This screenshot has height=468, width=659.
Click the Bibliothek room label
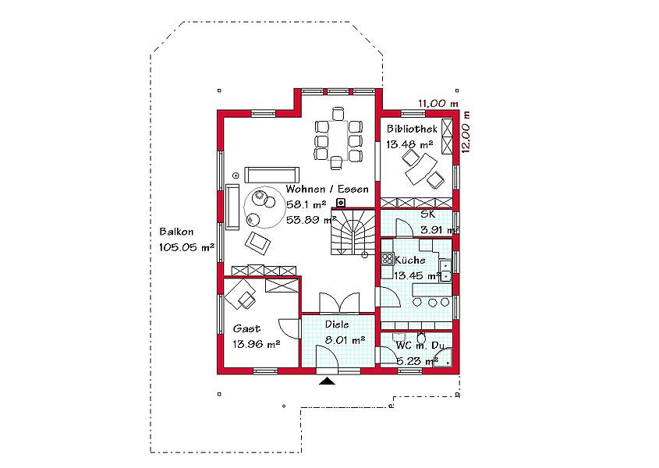(412, 129)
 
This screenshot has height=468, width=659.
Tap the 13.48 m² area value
(409, 144)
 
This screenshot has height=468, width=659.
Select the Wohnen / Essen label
(327, 190)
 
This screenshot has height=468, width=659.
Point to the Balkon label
(176, 232)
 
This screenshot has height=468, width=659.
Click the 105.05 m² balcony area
(186, 247)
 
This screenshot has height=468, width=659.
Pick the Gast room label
(246, 328)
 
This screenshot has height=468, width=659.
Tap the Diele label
(337, 324)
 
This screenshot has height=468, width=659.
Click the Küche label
(409, 261)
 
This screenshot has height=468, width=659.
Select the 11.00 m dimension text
(438, 104)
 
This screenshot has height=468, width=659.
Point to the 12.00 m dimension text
(466, 132)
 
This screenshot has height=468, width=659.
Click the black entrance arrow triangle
(328, 381)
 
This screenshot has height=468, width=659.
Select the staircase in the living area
(353, 232)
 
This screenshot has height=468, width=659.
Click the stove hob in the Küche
(387, 259)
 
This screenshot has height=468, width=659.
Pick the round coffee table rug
(265, 207)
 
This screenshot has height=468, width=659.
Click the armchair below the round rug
(257, 243)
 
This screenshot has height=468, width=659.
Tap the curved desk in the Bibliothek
(421, 169)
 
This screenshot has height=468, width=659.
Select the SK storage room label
(428, 214)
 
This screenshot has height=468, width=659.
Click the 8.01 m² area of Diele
(345, 340)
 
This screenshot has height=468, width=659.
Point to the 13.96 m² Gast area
(257, 344)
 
